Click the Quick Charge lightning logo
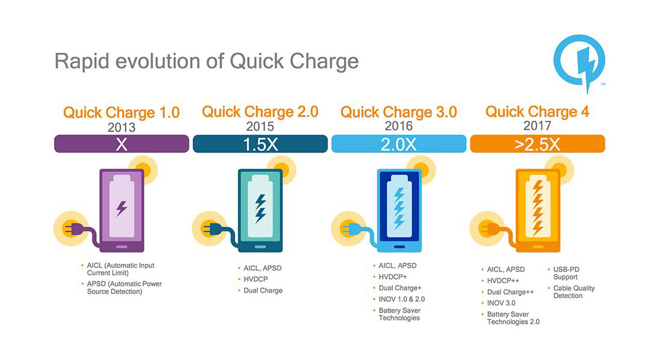[579, 63]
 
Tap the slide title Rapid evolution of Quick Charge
[206, 61]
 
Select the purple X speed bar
[122, 144]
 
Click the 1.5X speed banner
[260, 144]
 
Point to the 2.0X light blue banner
[398, 144]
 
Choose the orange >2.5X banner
[538, 144]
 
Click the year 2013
[121, 127]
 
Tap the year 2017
[537, 125]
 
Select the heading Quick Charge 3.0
[398, 112]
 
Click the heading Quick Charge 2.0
[260, 112]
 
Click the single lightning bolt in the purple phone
[122, 208]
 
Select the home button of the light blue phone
[399, 247]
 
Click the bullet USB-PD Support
[566, 273]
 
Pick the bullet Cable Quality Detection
[573, 292]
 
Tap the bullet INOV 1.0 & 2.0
[401, 299]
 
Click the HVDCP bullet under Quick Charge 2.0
[256, 279]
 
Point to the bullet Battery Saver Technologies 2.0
[512, 318]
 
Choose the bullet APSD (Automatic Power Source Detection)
[124, 287]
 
